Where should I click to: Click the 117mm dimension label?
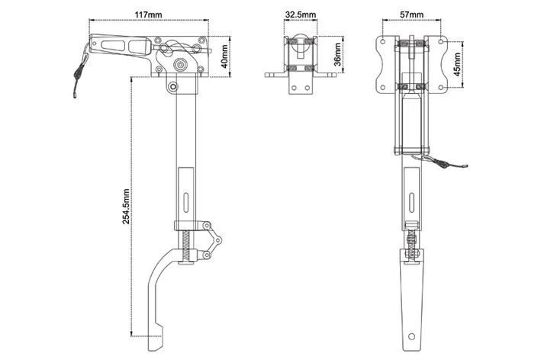148,14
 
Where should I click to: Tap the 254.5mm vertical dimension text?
126,206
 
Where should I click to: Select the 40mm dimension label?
224,56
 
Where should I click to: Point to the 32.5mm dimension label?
300,14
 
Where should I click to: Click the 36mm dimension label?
338,54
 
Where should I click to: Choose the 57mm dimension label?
411,14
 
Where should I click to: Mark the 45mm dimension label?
457,65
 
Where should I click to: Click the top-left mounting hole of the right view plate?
382,42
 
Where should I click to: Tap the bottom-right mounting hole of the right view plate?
440,88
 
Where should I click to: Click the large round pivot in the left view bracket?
180,64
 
